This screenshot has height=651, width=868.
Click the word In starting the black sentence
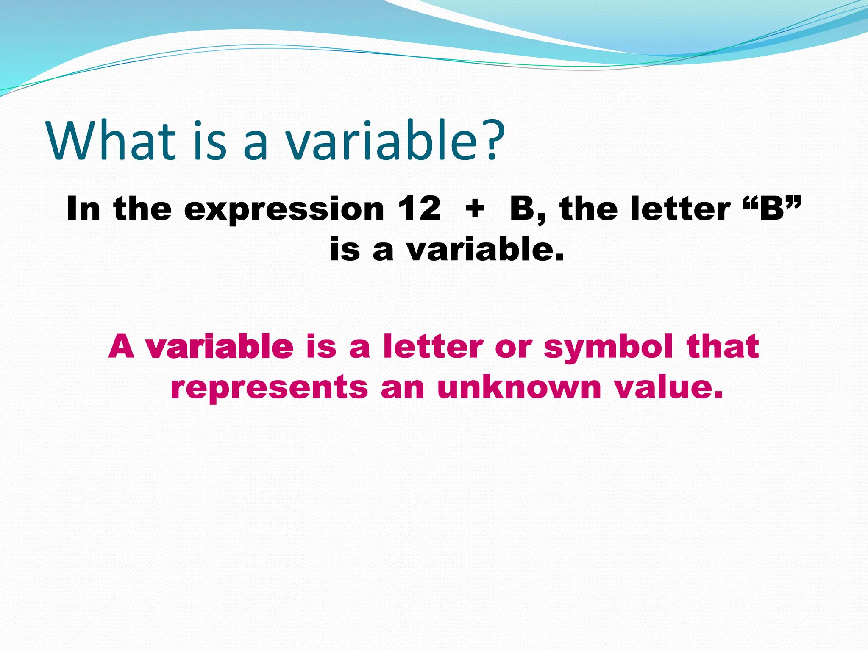[x=83, y=209]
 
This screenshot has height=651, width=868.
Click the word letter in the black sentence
[x=680, y=209]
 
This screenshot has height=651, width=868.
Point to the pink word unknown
[x=519, y=387]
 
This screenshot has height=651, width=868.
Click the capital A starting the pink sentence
[x=122, y=346]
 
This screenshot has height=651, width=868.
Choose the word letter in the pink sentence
[x=433, y=346]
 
